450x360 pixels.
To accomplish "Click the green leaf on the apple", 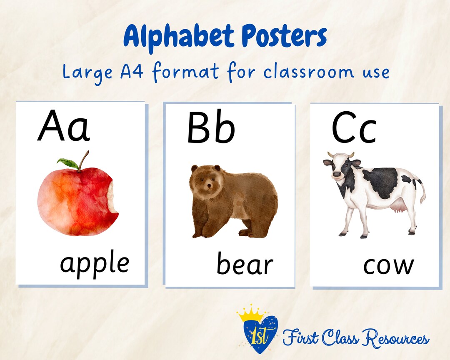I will [x=67, y=163].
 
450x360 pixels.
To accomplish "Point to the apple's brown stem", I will [x=84, y=160].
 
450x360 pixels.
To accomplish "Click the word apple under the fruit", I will [x=95, y=263].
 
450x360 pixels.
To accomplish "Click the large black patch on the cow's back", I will [x=380, y=182].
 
